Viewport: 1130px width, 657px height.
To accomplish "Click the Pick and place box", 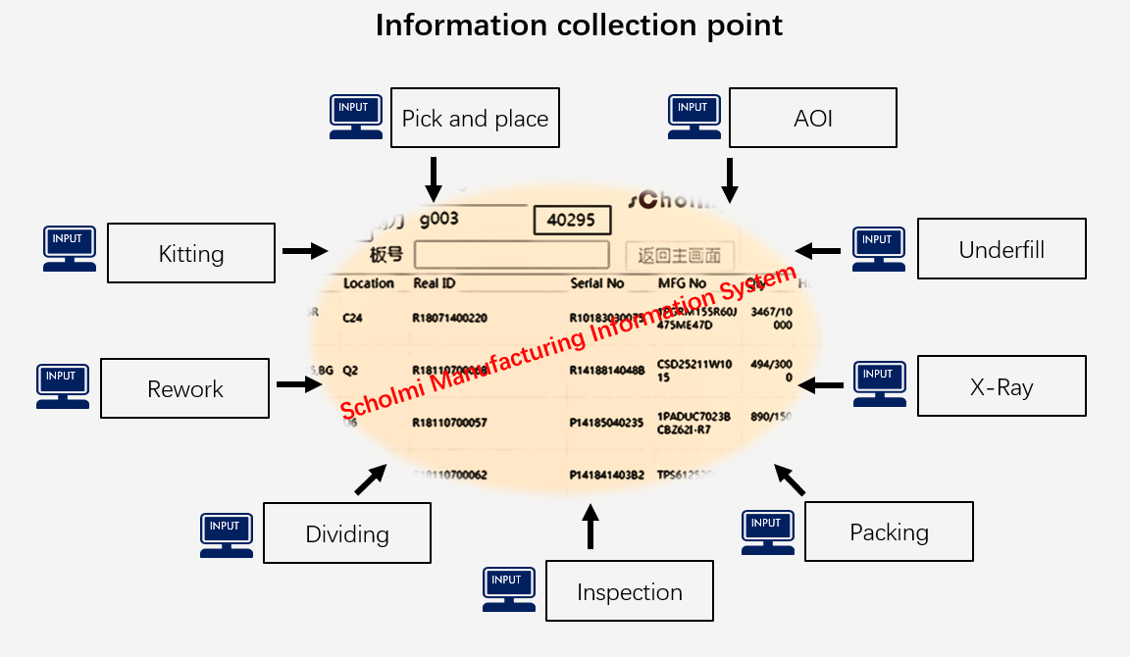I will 475,118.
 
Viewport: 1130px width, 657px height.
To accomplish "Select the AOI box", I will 812,118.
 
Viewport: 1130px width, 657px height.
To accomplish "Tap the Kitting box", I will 190,253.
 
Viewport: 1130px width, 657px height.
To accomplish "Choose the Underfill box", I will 1002,248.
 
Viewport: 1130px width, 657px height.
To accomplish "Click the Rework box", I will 184,388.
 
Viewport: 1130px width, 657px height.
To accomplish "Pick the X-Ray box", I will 1002,385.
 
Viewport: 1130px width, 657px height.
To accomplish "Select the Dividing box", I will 347,532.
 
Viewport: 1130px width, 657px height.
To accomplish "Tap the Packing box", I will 889,531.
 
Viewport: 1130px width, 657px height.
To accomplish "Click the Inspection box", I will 629,590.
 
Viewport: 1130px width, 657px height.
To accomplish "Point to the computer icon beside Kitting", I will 70,248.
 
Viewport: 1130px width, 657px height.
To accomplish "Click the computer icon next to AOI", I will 693,117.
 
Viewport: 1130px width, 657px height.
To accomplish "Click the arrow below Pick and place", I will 434,178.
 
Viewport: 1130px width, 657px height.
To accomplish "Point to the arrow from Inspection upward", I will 590,527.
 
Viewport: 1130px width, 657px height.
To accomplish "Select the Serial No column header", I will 596,283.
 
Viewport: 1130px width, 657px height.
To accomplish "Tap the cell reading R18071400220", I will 449,318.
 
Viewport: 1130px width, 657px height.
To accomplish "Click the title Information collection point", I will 579,25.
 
